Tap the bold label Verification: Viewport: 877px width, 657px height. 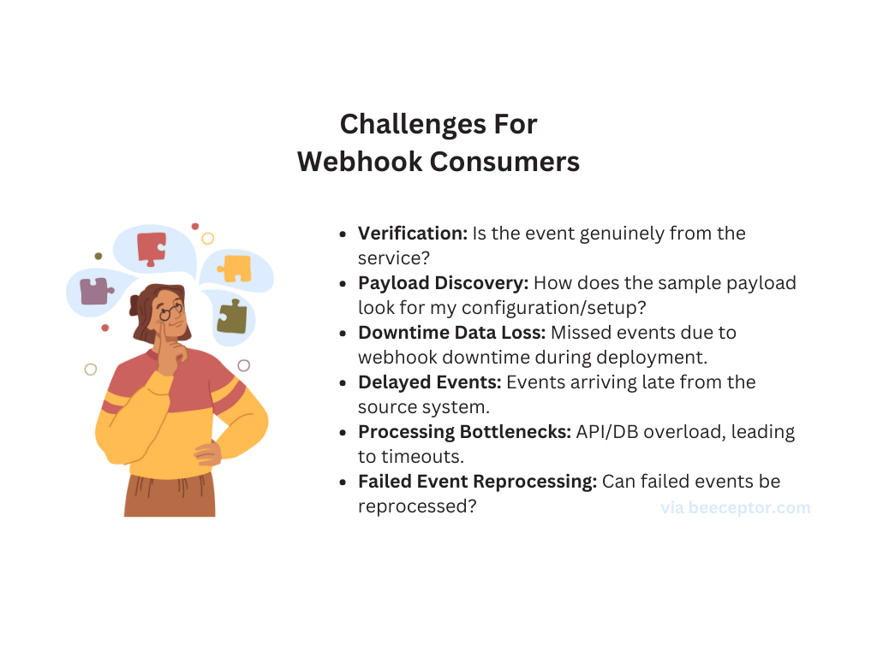pos(412,234)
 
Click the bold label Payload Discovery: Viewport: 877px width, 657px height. pos(443,282)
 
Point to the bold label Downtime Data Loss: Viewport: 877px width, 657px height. pos(451,332)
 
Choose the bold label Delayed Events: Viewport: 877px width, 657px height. pos(428,382)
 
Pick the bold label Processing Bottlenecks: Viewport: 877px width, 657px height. pos(464,431)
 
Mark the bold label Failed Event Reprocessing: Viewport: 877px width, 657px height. pos(477,481)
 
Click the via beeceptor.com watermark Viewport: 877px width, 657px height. pos(735,507)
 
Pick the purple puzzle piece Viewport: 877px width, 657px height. pos(95,291)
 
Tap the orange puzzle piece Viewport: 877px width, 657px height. pos(235,268)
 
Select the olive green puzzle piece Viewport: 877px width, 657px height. pos(231,317)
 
